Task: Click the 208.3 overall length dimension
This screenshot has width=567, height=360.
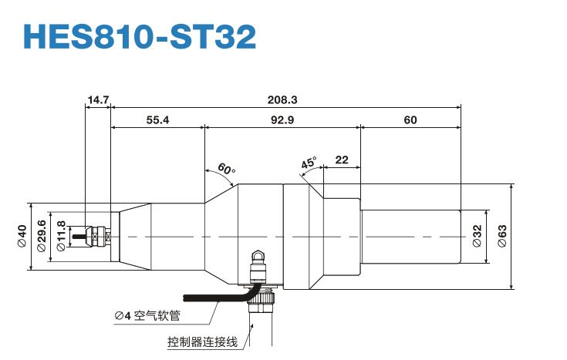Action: [x=282, y=99]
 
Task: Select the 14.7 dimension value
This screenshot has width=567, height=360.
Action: [x=98, y=99]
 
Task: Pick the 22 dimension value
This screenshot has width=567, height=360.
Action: [x=342, y=160]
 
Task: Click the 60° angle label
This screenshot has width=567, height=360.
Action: [x=225, y=168]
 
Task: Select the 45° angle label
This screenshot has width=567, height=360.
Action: [x=309, y=163]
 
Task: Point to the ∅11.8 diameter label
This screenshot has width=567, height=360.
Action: [x=62, y=236]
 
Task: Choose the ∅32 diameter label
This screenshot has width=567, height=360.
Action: [x=477, y=236]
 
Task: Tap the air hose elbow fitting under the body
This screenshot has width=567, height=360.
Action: [x=260, y=261]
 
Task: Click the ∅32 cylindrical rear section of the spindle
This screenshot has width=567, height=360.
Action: [x=410, y=236]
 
